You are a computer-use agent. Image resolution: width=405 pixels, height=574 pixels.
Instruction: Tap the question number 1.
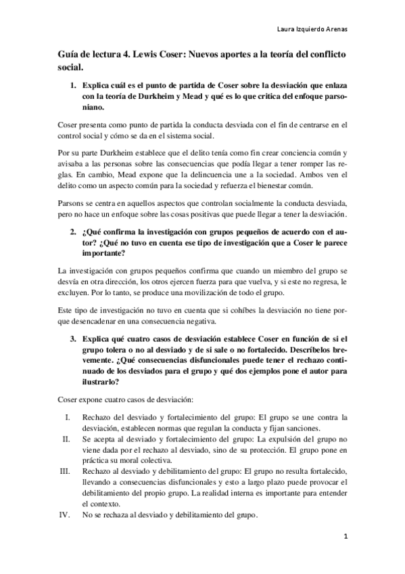point(74,87)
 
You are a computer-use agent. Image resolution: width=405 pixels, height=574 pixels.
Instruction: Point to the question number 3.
point(74,338)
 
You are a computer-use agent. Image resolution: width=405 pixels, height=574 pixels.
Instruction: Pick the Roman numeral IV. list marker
point(65,514)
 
